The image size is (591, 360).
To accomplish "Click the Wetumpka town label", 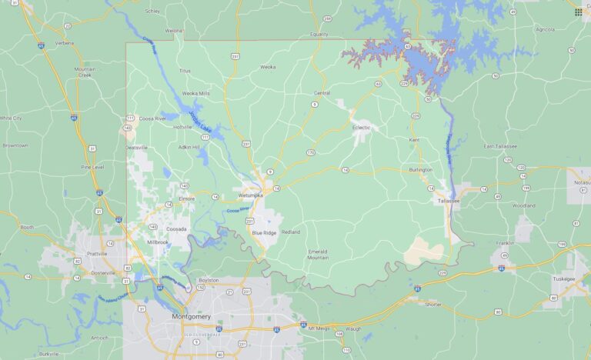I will click(x=250, y=195).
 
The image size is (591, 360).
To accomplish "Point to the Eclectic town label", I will click(x=362, y=128).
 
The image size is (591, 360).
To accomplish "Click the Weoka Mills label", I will click(x=195, y=93).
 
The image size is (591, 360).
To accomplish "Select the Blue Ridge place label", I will click(x=263, y=232).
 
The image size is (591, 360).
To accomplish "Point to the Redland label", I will click(x=291, y=232).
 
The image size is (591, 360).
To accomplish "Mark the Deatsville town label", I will click(x=136, y=147).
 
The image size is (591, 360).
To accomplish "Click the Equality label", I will click(x=319, y=35).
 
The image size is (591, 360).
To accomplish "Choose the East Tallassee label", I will click(x=500, y=146).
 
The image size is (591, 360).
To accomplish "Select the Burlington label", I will click(x=420, y=169).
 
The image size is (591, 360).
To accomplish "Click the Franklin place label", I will click(x=505, y=243).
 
